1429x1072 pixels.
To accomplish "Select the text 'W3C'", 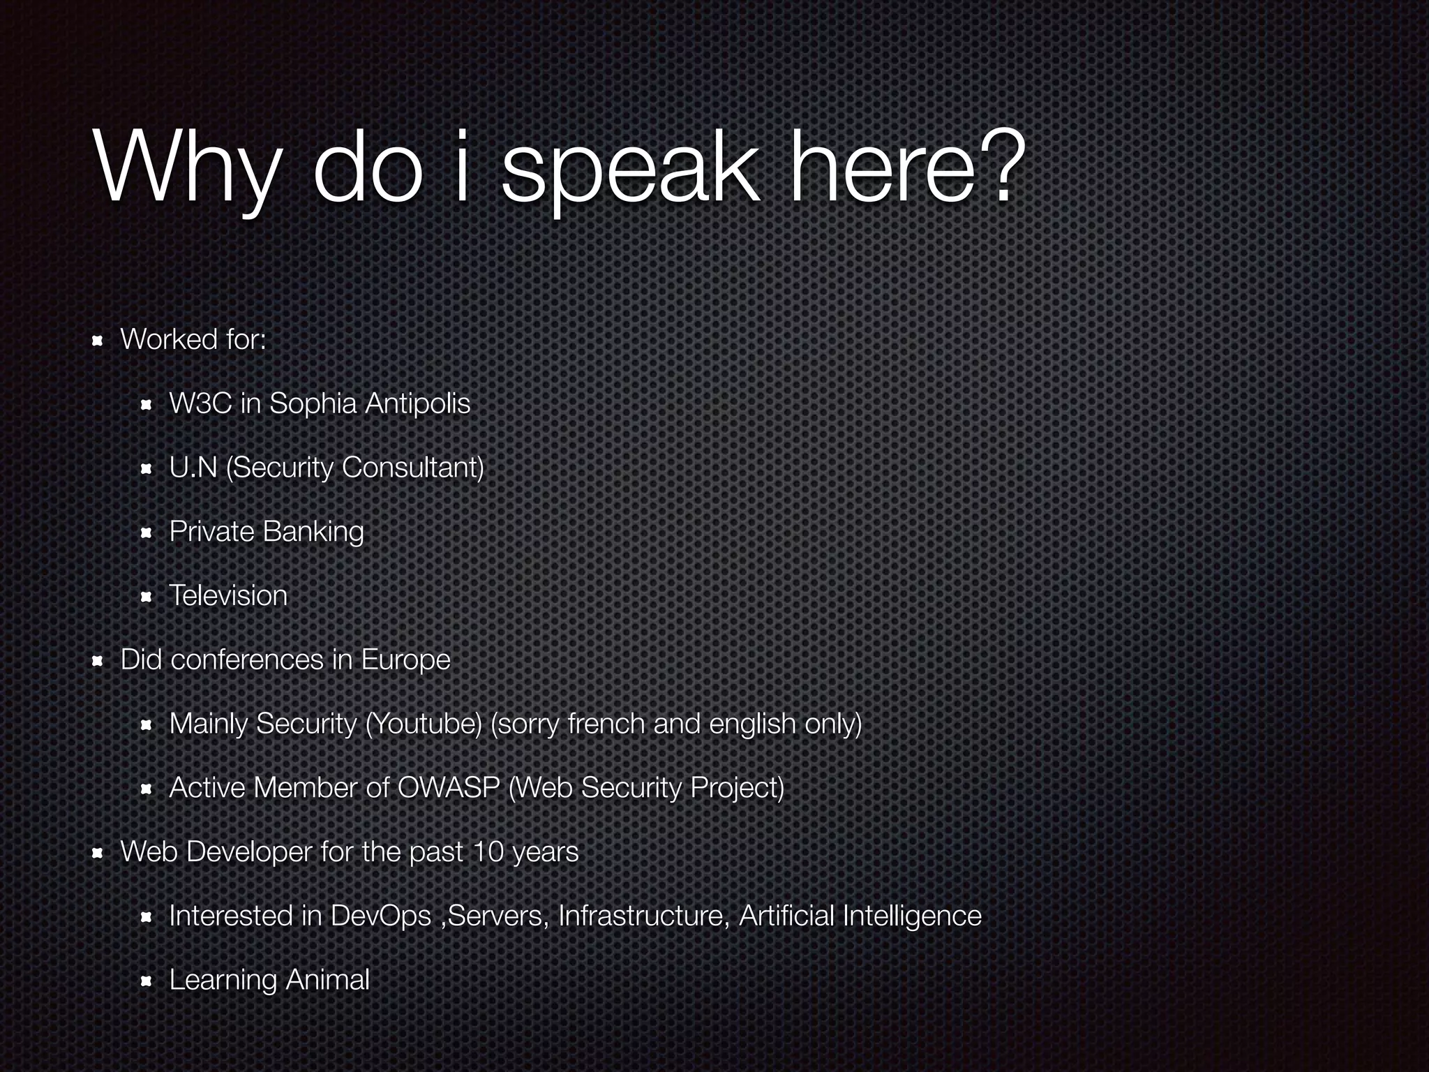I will (200, 403).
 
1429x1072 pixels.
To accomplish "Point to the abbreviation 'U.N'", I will (193, 468).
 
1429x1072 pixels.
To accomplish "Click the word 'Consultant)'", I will (413, 468).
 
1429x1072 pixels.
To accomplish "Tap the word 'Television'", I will (228, 596).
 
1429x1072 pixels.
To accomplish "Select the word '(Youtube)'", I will (424, 724).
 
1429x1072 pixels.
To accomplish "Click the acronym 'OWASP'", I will (449, 788).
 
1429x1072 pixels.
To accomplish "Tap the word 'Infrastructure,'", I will (644, 916).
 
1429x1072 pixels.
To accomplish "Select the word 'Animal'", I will (327, 981).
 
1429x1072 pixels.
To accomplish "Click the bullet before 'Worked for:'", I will (98, 341).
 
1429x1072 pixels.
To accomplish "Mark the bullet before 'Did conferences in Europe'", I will (98, 661).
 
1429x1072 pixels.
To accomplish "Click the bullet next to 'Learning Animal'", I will (146, 982).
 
